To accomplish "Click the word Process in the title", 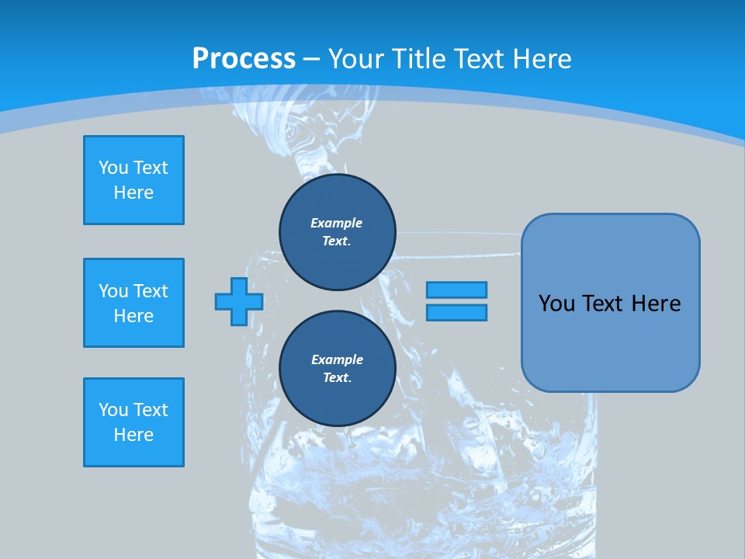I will [x=244, y=58].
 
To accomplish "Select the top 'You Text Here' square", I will [x=133, y=180].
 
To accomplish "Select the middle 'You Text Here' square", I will [x=133, y=303].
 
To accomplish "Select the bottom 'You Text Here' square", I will [x=133, y=422].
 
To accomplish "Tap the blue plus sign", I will [x=239, y=301].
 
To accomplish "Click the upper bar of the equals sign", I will [x=456, y=290].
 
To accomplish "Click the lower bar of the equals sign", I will [x=456, y=313].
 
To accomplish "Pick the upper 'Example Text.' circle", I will [x=338, y=232].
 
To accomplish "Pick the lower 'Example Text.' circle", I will [x=338, y=369].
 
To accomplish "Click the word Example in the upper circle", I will [x=337, y=223].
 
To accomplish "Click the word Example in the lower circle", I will [x=337, y=359].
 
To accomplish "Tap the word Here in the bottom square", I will [x=133, y=435].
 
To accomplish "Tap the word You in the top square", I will [x=113, y=168].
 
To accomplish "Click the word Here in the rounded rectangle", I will [x=657, y=304].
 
